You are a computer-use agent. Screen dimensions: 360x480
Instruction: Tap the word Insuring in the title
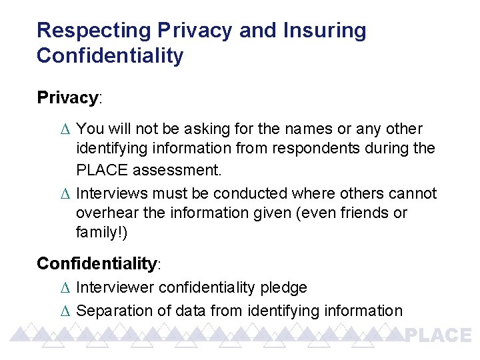point(325,31)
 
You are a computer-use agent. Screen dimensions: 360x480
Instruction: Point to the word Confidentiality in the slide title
point(110,56)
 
